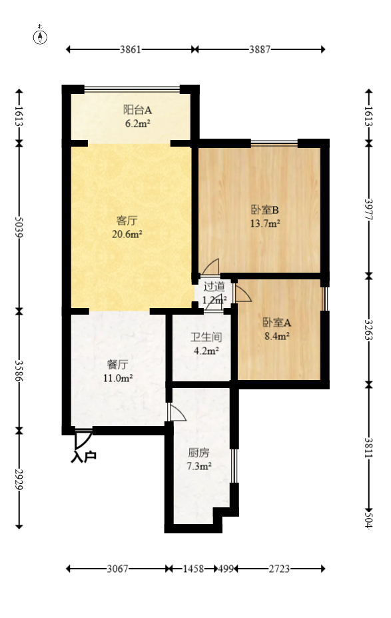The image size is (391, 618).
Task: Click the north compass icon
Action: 41,36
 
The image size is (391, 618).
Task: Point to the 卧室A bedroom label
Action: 276,322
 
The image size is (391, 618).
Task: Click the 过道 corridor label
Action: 214,287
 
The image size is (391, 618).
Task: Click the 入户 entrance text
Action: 84,457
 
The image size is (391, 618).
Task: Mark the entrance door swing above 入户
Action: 83,439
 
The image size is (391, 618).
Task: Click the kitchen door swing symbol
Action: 177,413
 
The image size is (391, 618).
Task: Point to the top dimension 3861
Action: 131,49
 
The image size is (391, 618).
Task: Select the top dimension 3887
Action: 260,49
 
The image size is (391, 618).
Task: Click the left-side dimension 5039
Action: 19,226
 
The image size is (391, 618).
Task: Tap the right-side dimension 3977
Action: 369,208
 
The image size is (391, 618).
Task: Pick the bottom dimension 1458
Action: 193,569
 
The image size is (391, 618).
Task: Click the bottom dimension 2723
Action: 280,569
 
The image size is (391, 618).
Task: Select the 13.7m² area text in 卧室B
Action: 264,224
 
